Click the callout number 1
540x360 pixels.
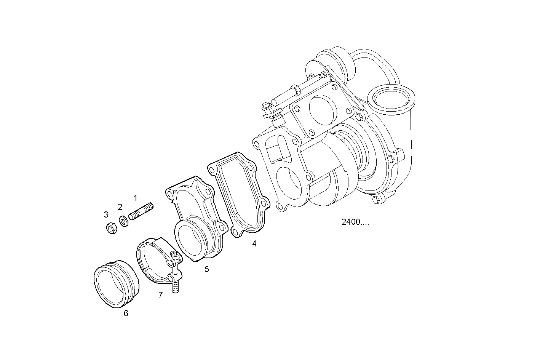tap(135, 198)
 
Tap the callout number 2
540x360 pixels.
tap(120, 207)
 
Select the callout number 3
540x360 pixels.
tap(106, 215)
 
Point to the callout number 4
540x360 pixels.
tap(254, 243)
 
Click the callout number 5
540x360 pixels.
tap(207, 269)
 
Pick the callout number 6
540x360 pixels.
tap(126, 313)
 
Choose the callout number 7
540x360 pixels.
tap(161, 295)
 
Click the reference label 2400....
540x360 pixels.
tap(355, 222)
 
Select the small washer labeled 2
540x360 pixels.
tap(124, 221)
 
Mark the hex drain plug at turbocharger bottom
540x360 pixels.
tap(376, 200)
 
